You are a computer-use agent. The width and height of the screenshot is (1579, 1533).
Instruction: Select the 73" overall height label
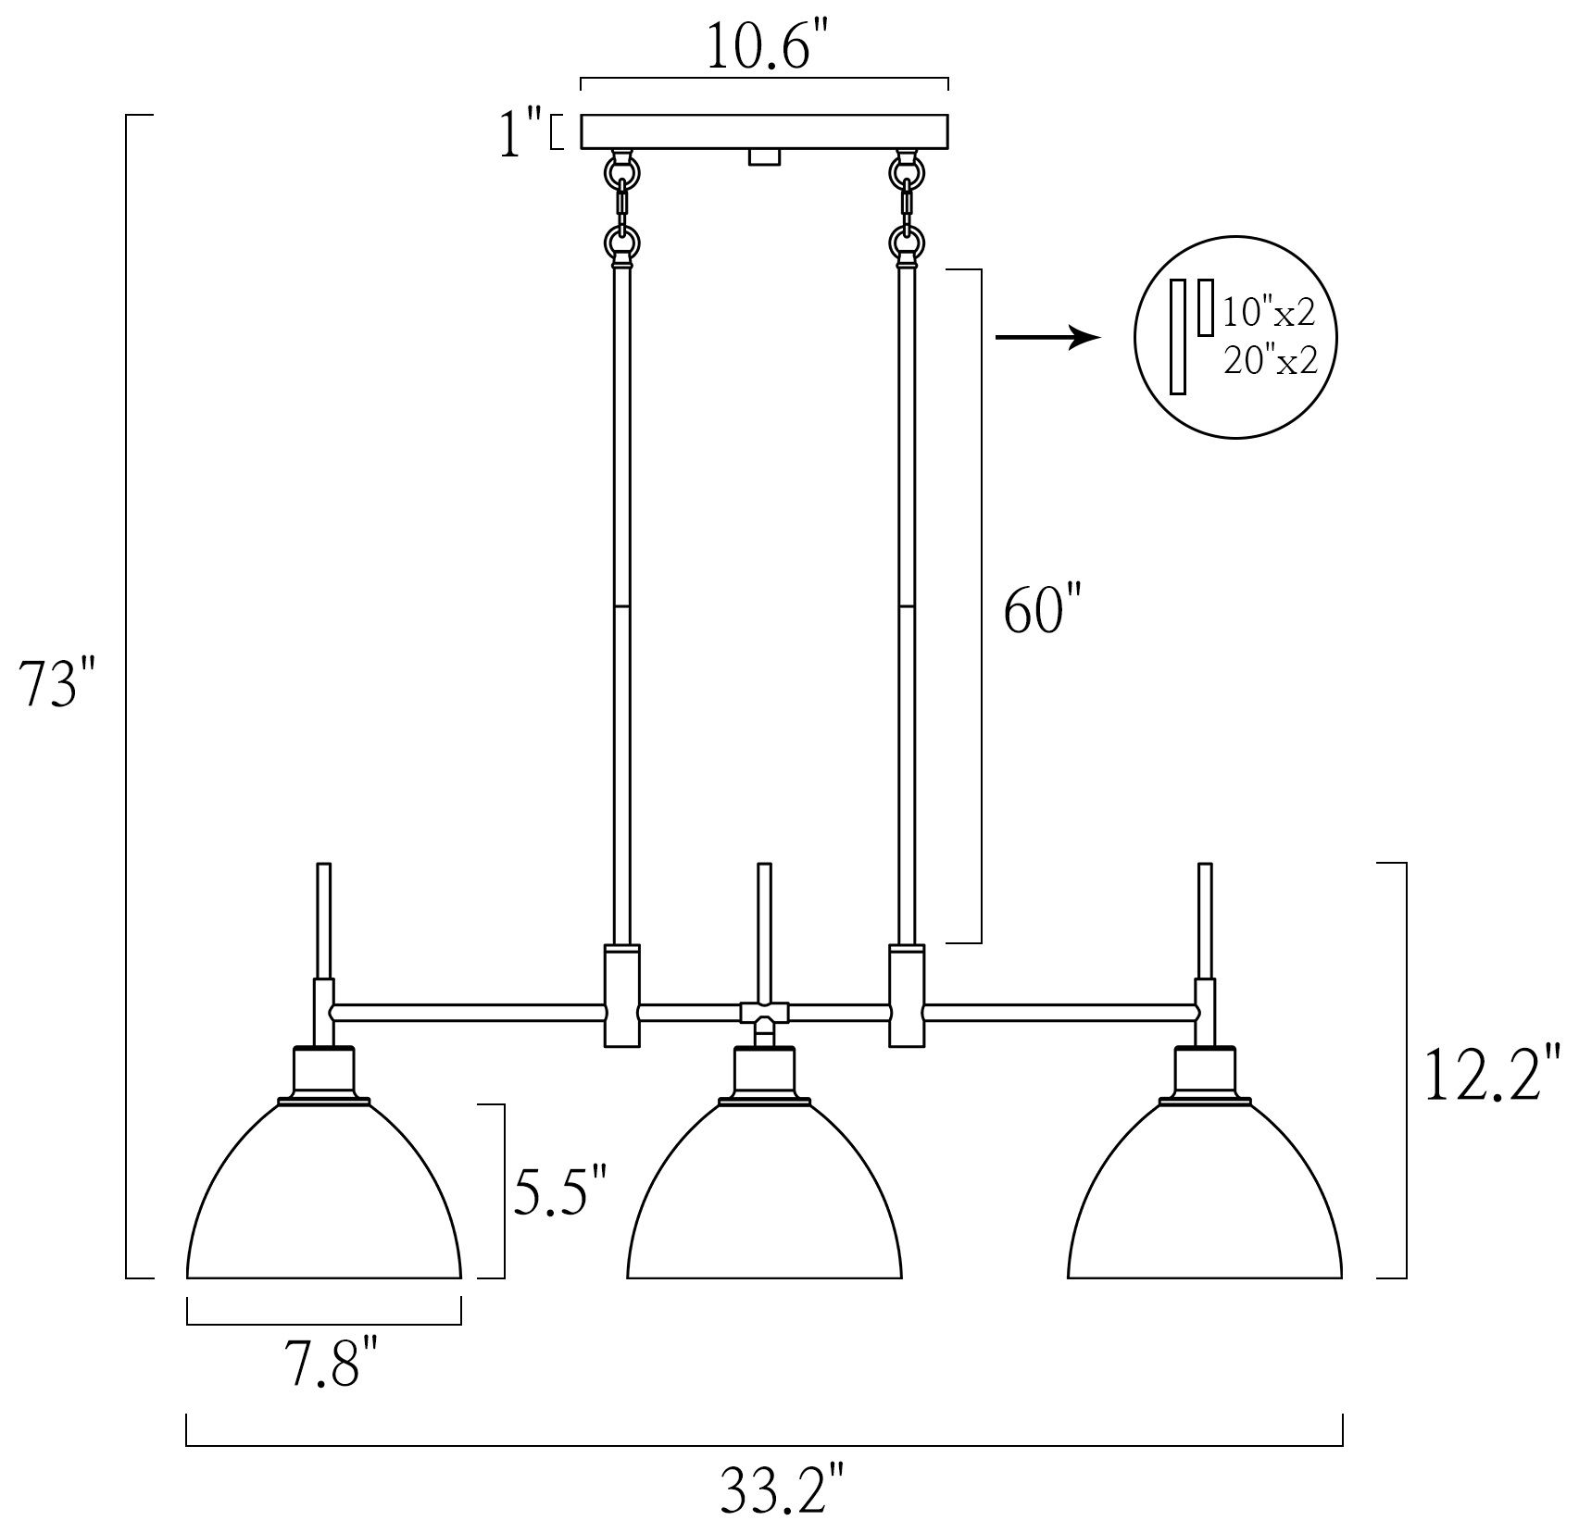[60, 686]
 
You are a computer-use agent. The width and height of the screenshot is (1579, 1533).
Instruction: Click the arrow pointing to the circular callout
[1046, 338]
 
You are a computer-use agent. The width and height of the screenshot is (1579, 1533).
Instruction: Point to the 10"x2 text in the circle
[1269, 314]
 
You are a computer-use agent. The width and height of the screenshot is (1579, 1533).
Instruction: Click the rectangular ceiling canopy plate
[764, 131]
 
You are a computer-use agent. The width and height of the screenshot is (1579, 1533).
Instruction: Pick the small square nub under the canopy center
[763, 157]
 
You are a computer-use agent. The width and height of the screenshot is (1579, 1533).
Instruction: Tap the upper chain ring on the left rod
[621, 171]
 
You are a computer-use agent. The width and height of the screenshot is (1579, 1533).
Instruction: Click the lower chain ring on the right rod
[907, 243]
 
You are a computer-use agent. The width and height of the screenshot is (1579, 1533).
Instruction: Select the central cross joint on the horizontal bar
[764, 1012]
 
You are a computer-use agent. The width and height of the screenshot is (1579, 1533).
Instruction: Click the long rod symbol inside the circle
[1179, 338]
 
